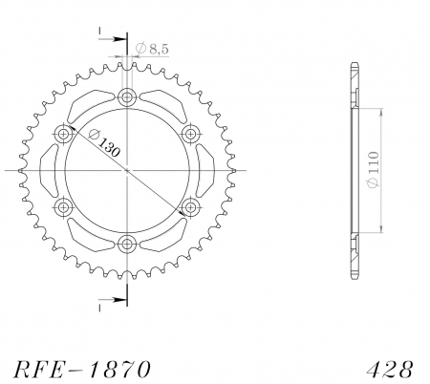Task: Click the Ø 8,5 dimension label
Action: [x=152, y=49]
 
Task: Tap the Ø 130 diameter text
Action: [x=104, y=143]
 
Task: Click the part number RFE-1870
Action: [x=81, y=370]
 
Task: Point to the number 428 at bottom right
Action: [x=390, y=370]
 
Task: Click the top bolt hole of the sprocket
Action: [x=127, y=96]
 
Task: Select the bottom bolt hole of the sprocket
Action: [x=127, y=245]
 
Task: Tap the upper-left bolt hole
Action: [x=64, y=134]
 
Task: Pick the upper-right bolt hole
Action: [x=190, y=134]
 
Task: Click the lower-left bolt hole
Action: [x=64, y=207]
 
